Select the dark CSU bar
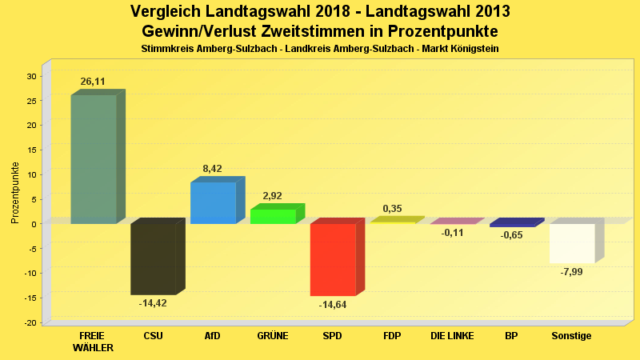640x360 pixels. click(153, 259)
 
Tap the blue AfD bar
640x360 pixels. click(213, 202)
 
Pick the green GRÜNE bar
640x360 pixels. click(273, 216)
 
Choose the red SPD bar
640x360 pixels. click(333, 259)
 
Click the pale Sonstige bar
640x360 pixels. click(572, 243)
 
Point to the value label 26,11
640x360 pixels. click(93, 82)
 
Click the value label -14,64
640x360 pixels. click(333, 305)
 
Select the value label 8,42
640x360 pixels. click(212, 169)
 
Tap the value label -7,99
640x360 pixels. click(571, 272)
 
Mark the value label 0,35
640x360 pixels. click(392, 209)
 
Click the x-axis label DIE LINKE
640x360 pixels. click(452, 336)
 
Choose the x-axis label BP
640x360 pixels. click(511, 336)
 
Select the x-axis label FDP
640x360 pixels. click(392, 336)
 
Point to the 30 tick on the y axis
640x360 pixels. click(31, 76)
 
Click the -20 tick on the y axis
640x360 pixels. click(30, 322)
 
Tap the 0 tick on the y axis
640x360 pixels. click(34, 224)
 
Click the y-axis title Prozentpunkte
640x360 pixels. click(15, 193)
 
